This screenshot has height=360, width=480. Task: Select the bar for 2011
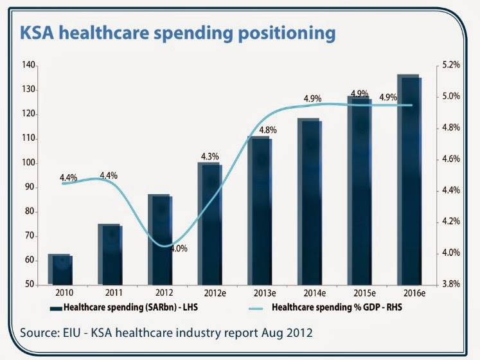tap(109, 255)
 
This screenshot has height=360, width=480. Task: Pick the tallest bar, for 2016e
tap(408, 180)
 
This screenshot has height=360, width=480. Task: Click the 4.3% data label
tap(210, 156)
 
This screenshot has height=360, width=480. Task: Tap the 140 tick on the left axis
tap(28, 65)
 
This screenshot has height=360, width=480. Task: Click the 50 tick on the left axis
tap(30, 285)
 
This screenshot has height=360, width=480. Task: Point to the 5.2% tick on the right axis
tap(452, 65)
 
